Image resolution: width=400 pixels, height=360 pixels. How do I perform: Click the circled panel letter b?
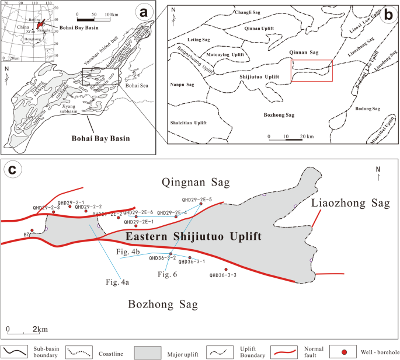[387, 14]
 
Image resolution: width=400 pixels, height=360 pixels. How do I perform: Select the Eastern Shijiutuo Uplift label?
[193, 236]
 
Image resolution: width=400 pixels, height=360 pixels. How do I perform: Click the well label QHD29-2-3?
[46, 207]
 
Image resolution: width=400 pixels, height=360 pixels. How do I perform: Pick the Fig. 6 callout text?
[166, 274]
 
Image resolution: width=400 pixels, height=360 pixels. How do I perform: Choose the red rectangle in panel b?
[312, 70]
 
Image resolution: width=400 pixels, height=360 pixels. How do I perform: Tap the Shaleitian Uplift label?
[187, 123]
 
